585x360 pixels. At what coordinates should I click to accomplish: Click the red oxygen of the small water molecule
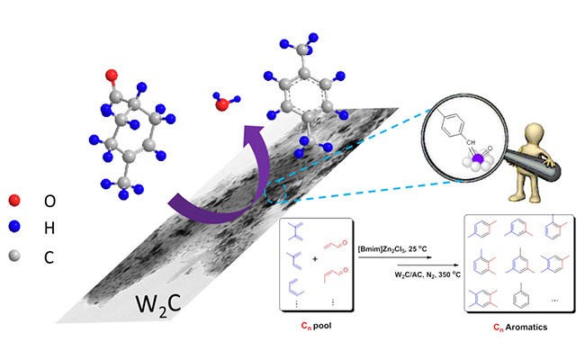(222, 104)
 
